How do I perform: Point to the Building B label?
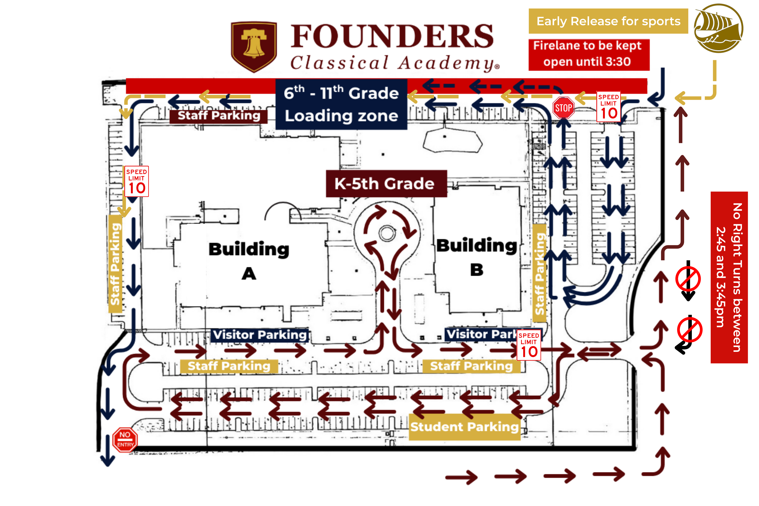click(x=476, y=257)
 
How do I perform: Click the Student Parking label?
click(x=464, y=427)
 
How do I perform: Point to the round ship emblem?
click(x=718, y=28)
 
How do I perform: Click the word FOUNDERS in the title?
click(x=392, y=36)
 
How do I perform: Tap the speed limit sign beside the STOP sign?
click(x=608, y=107)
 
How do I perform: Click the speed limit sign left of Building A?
click(x=137, y=181)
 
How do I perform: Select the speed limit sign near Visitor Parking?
click(x=529, y=345)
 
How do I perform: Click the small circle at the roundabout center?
click(x=387, y=233)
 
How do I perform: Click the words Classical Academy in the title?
click(x=394, y=63)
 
